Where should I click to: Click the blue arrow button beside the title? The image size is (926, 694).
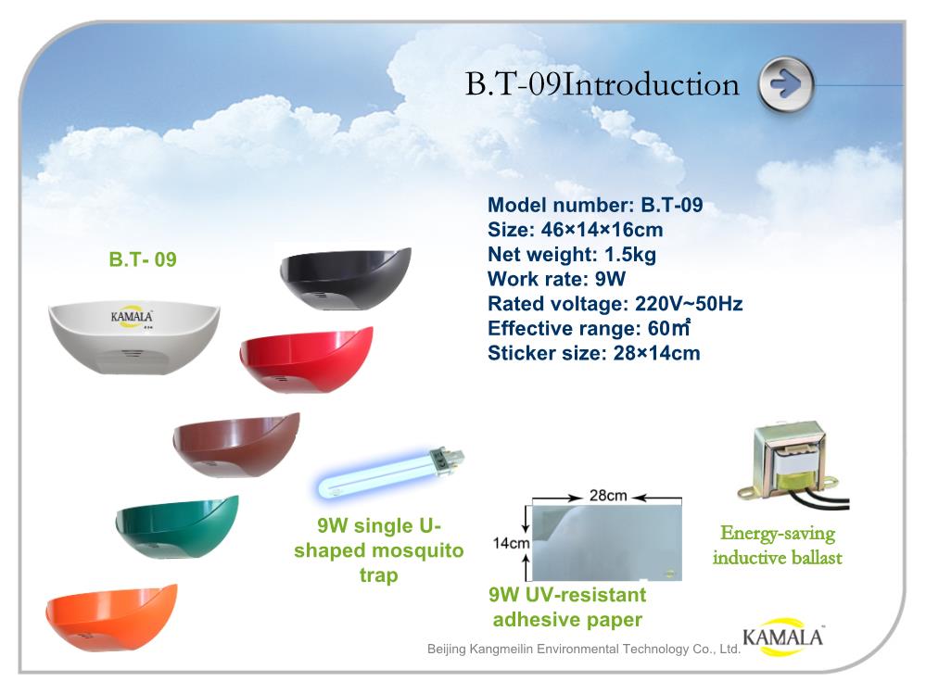click(x=786, y=85)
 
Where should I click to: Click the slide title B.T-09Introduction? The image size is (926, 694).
click(x=602, y=84)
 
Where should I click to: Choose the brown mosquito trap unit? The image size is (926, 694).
click(x=236, y=445)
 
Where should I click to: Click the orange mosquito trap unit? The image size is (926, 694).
click(x=111, y=618)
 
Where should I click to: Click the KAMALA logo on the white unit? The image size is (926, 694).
click(x=132, y=317)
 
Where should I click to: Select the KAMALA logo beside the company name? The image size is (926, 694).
click(x=782, y=637)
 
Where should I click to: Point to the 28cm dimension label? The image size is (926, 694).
click(x=608, y=495)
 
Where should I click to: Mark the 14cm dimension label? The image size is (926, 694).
click(x=512, y=542)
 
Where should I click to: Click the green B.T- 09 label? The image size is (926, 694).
click(x=143, y=259)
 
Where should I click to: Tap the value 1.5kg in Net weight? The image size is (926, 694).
click(x=630, y=255)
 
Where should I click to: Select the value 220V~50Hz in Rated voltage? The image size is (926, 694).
click(x=689, y=304)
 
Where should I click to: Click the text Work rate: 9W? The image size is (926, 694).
click(x=556, y=279)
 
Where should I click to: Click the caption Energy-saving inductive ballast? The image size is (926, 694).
click(x=777, y=545)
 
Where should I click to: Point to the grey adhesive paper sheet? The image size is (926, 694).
click(x=607, y=542)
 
